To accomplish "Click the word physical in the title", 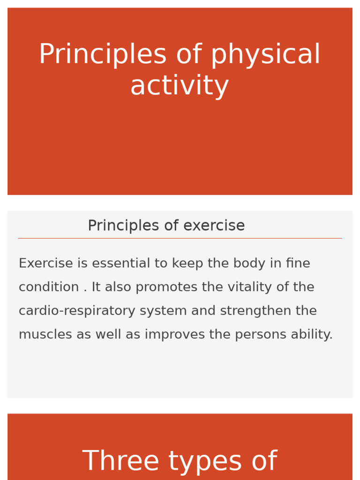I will [265, 55].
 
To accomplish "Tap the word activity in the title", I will [180, 87].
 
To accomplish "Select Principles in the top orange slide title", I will [102, 55].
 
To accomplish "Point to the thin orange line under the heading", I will [180, 238].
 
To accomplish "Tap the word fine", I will [298, 263].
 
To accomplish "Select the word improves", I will [174, 335].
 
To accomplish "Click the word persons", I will [256, 335].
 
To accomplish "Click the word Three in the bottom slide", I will [121, 462].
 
